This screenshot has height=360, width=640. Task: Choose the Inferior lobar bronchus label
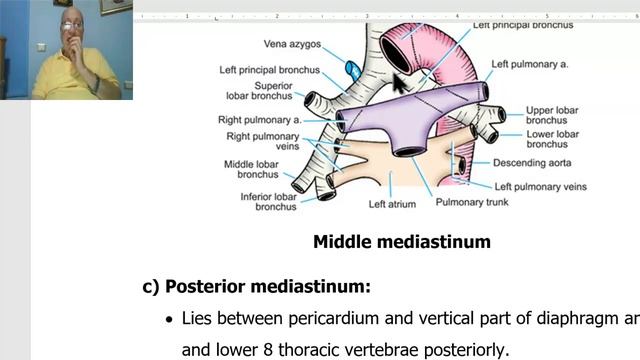point(268,201)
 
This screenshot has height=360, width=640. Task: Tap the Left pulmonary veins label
point(540,186)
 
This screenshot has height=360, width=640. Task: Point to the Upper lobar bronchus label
point(552,114)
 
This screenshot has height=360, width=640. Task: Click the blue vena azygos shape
point(353,70)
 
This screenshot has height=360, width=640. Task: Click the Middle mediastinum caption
point(401,241)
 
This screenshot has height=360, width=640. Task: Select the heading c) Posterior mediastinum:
point(256,286)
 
